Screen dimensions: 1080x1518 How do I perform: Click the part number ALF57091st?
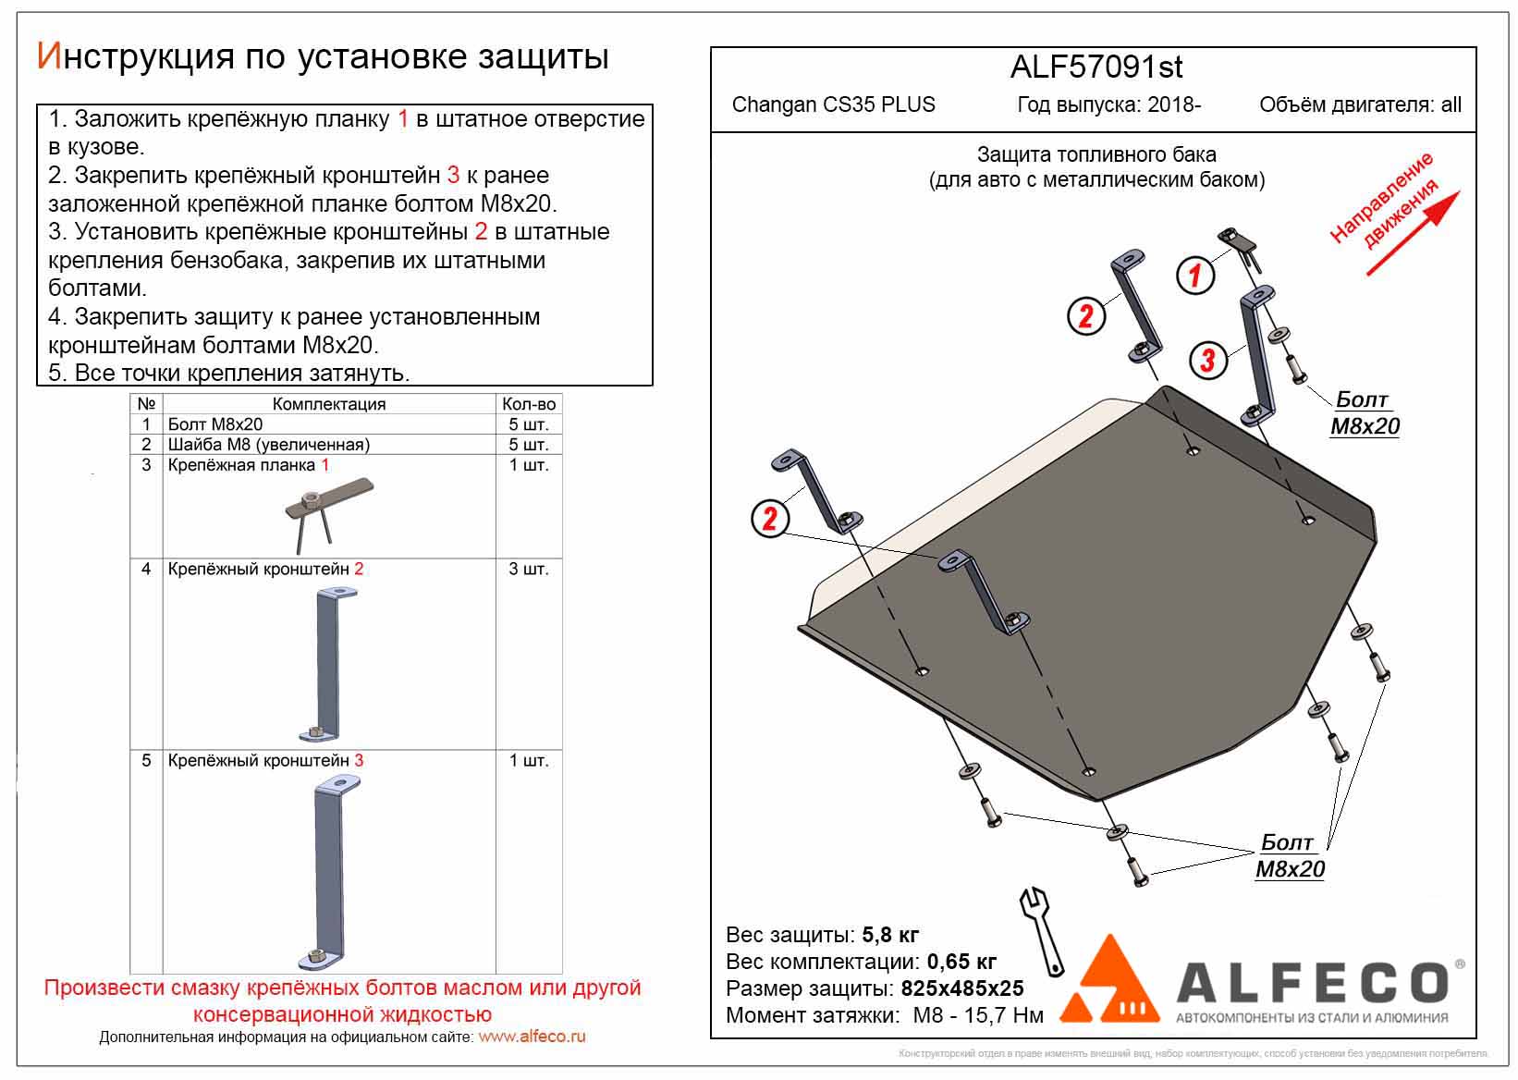pyautogui.click(x=1096, y=67)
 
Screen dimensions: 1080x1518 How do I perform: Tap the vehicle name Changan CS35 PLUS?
pyautogui.click(x=833, y=104)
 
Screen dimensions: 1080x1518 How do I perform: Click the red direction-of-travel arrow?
pyautogui.click(x=1414, y=232)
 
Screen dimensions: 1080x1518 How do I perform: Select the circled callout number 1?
pyautogui.click(x=1194, y=275)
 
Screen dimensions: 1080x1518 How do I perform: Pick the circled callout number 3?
pyautogui.click(x=1206, y=360)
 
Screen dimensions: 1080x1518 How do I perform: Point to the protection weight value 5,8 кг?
pyautogui.click(x=890, y=934)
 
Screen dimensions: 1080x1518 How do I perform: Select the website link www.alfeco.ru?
pyautogui.click(x=532, y=1037)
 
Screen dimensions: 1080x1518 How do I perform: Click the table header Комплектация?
pyautogui.click(x=329, y=404)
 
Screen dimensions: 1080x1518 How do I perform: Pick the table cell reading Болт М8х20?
pyautogui.click(x=215, y=424)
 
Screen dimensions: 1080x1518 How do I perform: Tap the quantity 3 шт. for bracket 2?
pyautogui.click(x=528, y=569)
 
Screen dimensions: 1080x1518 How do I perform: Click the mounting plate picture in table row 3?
pyautogui.click(x=328, y=509)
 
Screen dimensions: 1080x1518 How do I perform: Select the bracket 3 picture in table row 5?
pyautogui.click(x=333, y=869)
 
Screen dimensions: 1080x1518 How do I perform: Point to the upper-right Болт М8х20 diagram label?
pyautogui.click(x=1364, y=412)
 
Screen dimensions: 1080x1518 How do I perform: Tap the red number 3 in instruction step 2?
pyautogui.click(x=453, y=175)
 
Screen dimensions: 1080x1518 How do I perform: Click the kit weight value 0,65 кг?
pyautogui.click(x=961, y=962)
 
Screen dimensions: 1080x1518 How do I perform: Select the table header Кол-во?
pyautogui.click(x=528, y=404)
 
